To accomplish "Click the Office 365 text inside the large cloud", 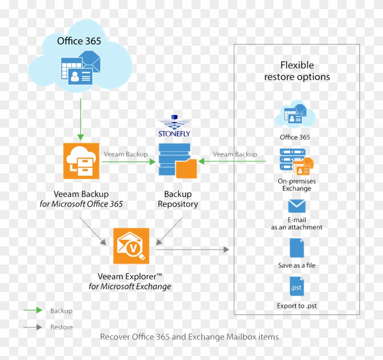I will coord(79,42).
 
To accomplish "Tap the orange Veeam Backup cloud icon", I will coord(81,161).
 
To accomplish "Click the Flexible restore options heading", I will coord(297,71).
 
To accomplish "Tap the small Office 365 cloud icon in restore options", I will coord(295,115).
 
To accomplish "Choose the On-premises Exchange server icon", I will coord(296,162).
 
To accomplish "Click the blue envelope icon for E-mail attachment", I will coord(297,206).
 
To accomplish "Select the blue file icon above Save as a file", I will coord(297,248).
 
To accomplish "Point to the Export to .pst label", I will coord(297,306).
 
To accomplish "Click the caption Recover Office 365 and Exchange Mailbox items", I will coord(189,337).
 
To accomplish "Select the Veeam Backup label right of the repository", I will coord(235,154).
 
